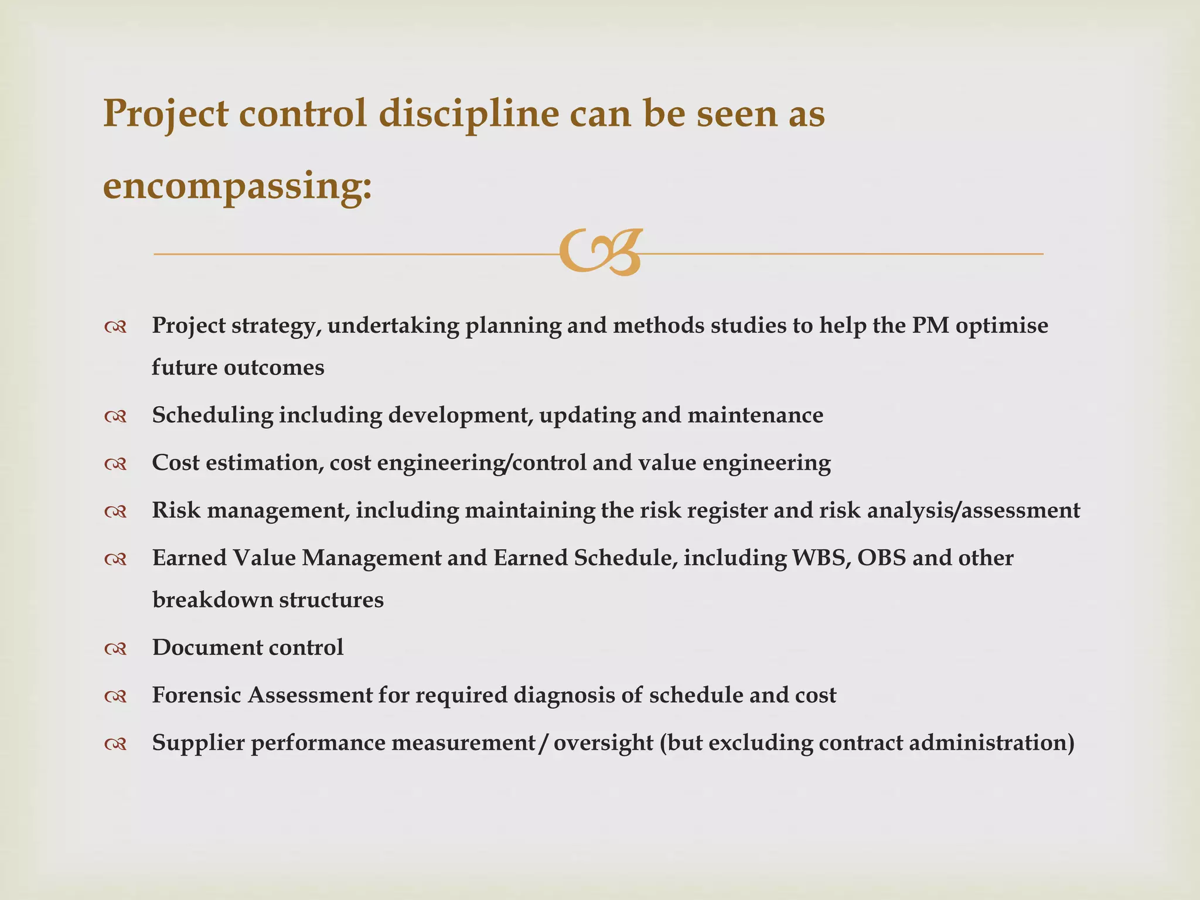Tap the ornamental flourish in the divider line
pos(600,253)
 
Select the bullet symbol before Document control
pos(115,649)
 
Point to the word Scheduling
pos(212,415)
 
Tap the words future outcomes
pos(238,368)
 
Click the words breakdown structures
pos(268,600)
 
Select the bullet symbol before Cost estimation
pos(115,464)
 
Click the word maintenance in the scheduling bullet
pos(755,415)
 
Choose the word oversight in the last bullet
pos(603,744)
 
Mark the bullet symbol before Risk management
pos(115,512)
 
